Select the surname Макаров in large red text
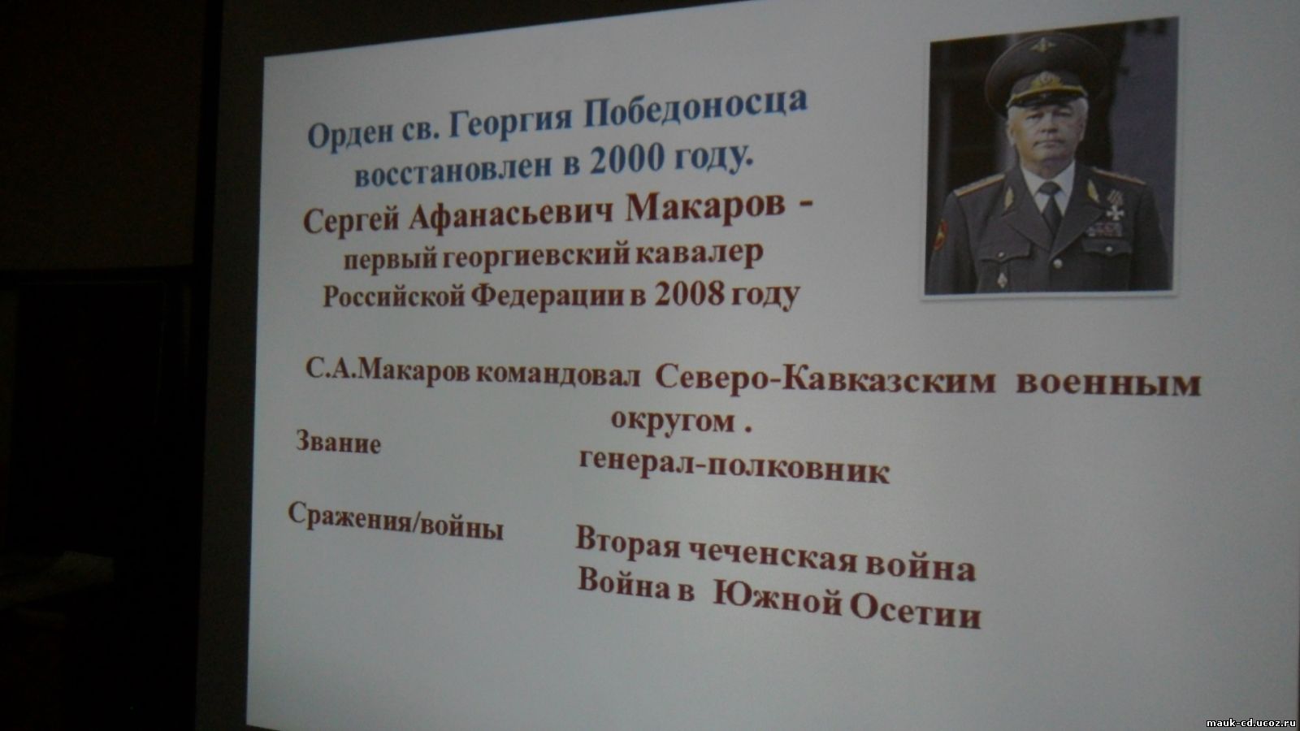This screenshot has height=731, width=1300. click(x=704, y=207)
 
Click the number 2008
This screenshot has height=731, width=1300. click(x=690, y=295)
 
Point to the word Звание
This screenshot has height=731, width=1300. click(x=339, y=443)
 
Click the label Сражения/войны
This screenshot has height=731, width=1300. click(x=396, y=521)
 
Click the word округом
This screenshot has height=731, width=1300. click(x=674, y=421)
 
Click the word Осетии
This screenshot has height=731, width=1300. click(x=915, y=612)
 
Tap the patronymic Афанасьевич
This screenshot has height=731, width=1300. click(x=511, y=216)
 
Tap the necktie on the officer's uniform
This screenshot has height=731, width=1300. click(x=1051, y=205)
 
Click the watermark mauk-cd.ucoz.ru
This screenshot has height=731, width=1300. click(x=1251, y=723)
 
